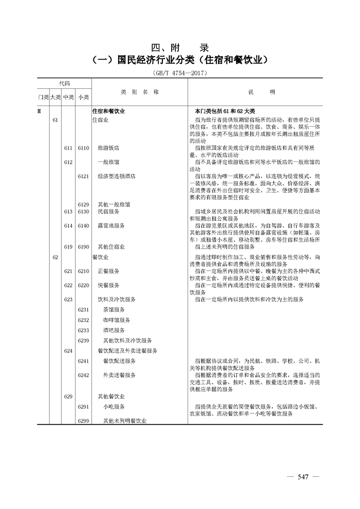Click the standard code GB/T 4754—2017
pyautogui.click(x=181, y=73)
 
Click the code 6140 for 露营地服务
pyautogui.click(x=83, y=225)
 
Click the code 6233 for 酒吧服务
pyautogui.click(x=83, y=330)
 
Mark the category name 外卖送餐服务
pyautogui.click(x=119, y=375)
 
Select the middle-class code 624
pyautogui.click(x=69, y=351)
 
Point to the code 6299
pyautogui.click(x=83, y=421)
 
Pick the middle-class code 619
pyautogui.click(x=69, y=247)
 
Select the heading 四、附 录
pyautogui.click(x=180, y=48)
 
